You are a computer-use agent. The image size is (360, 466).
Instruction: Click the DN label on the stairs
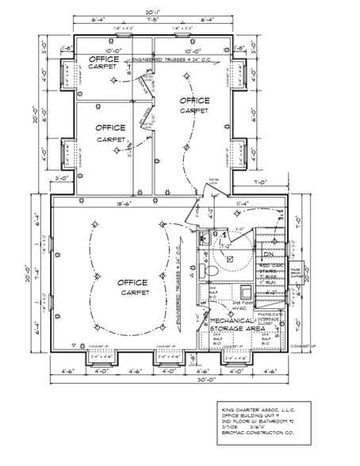point(269,254)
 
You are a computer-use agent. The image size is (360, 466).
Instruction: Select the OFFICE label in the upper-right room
point(194,101)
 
